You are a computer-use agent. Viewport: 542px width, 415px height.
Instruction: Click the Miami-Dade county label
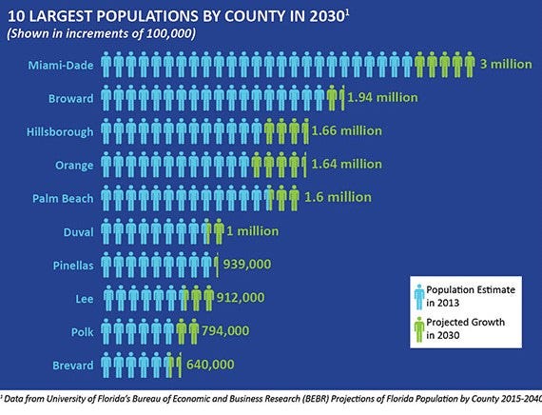tap(62, 65)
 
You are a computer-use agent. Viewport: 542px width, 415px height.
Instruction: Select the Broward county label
tap(70, 98)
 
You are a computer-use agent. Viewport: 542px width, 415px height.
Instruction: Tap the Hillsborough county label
tap(60, 131)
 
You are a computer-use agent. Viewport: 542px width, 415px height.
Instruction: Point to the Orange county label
tap(74, 165)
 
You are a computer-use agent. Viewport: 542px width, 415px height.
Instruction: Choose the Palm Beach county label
tap(65, 198)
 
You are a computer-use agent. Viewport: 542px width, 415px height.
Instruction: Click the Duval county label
tap(77, 230)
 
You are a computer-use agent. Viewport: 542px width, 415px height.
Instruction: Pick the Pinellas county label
tap(72, 264)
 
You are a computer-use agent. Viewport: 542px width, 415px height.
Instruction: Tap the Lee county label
tap(84, 298)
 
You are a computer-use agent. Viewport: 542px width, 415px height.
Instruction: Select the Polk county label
tap(82, 330)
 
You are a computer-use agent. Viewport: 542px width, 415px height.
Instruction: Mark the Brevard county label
tap(72, 364)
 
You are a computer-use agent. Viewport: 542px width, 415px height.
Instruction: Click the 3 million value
tap(507, 65)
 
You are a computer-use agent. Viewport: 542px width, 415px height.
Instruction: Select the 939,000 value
tap(251, 264)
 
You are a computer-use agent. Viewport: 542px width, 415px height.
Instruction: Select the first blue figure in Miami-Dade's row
tap(107, 65)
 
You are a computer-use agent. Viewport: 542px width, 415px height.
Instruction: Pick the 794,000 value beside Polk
tap(225, 330)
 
